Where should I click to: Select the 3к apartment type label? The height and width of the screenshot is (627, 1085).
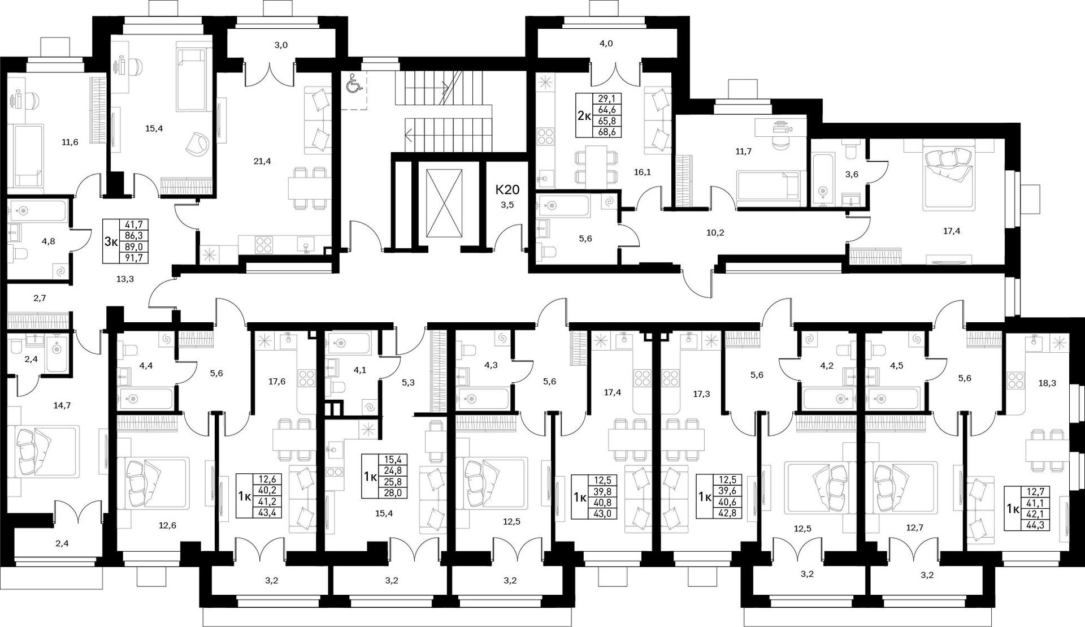tap(111, 242)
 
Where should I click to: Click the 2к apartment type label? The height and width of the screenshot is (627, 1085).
tap(584, 116)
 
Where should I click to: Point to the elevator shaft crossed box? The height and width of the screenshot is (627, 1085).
tap(444, 202)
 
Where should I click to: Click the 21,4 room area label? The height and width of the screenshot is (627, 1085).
tap(262, 161)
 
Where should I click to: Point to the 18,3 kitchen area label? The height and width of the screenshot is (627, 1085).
tap(1047, 383)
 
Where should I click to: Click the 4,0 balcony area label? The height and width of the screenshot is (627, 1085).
tap(606, 44)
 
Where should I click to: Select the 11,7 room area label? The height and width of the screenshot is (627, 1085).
tap(744, 152)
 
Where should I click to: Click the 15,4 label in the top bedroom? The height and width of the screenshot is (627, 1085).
tap(154, 129)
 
